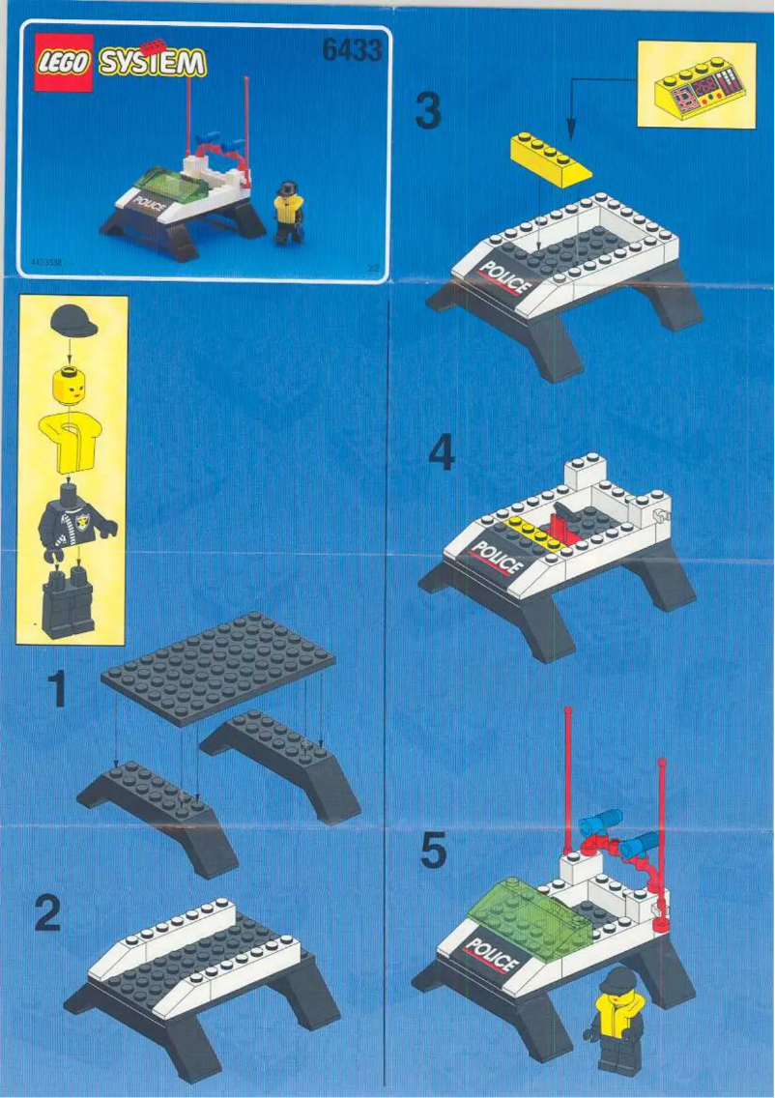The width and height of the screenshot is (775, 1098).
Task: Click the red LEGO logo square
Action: tap(64, 63)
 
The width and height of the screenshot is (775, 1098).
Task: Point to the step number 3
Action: tap(428, 110)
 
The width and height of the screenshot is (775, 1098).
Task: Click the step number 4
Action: tap(441, 454)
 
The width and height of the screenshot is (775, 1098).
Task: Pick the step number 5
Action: tap(434, 851)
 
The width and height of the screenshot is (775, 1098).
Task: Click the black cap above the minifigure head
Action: tap(72, 319)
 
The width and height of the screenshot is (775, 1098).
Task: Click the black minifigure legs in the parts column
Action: tap(68, 601)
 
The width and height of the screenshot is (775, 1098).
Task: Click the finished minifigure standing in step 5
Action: tap(617, 1020)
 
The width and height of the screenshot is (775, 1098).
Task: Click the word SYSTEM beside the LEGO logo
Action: tap(155, 64)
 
